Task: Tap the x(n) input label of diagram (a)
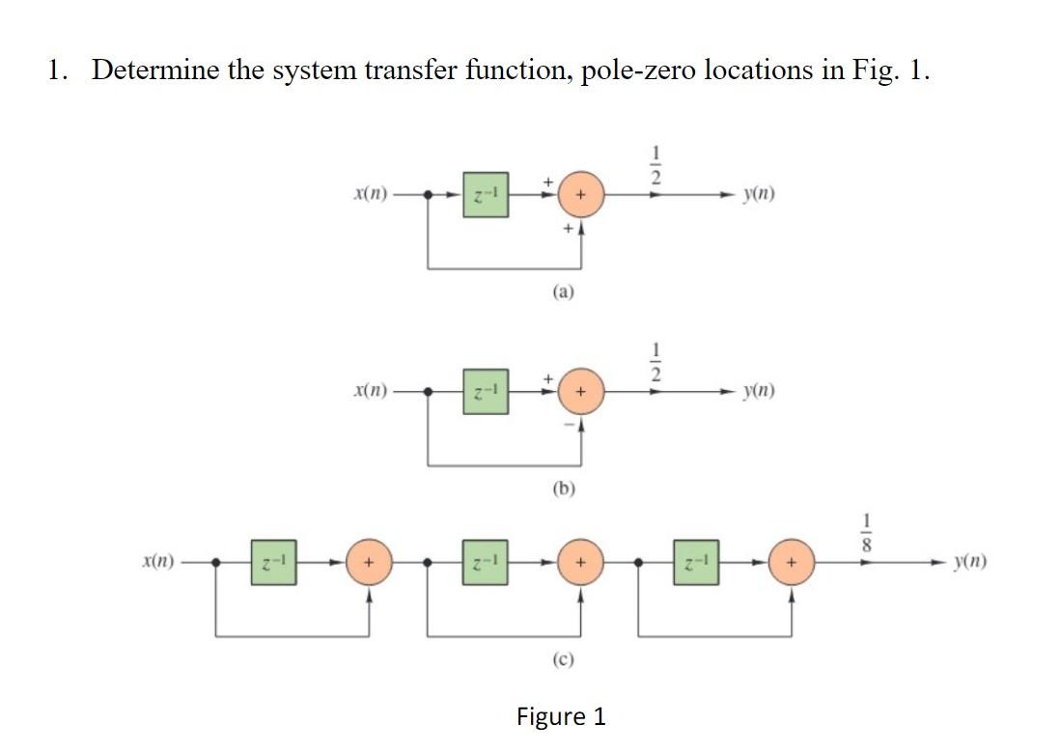pyautogui.click(x=372, y=193)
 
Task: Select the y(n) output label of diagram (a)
pyautogui.click(x=759, y=193)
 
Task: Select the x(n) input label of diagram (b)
pyautogui.click(x=372, y=391)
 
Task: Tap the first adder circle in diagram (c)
pyautogui.click(x=369, y=561)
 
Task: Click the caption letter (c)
pyautogui.click(x=562, y=659)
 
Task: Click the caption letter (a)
pyautogui.click(x=562, y=288)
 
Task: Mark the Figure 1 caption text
pyautogui.click(x=562, y=716)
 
